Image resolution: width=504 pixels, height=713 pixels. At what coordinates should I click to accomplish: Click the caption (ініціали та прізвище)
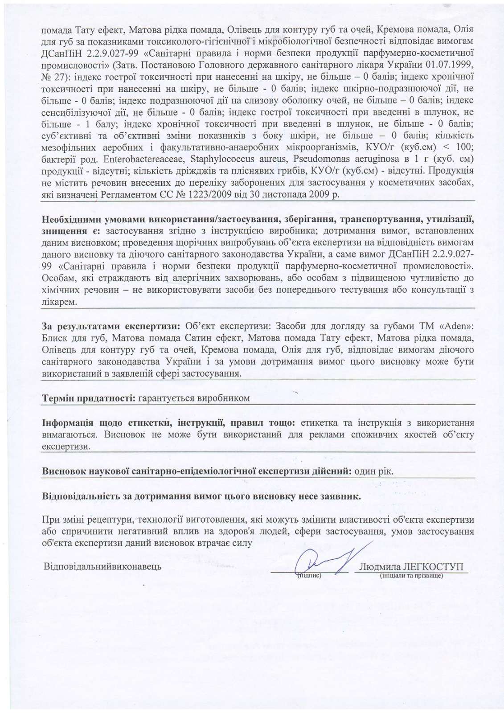(410, 576)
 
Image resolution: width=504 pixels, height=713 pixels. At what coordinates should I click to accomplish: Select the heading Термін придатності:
(88, 398)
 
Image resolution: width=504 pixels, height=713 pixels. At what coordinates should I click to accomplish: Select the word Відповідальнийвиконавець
(102, 566)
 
